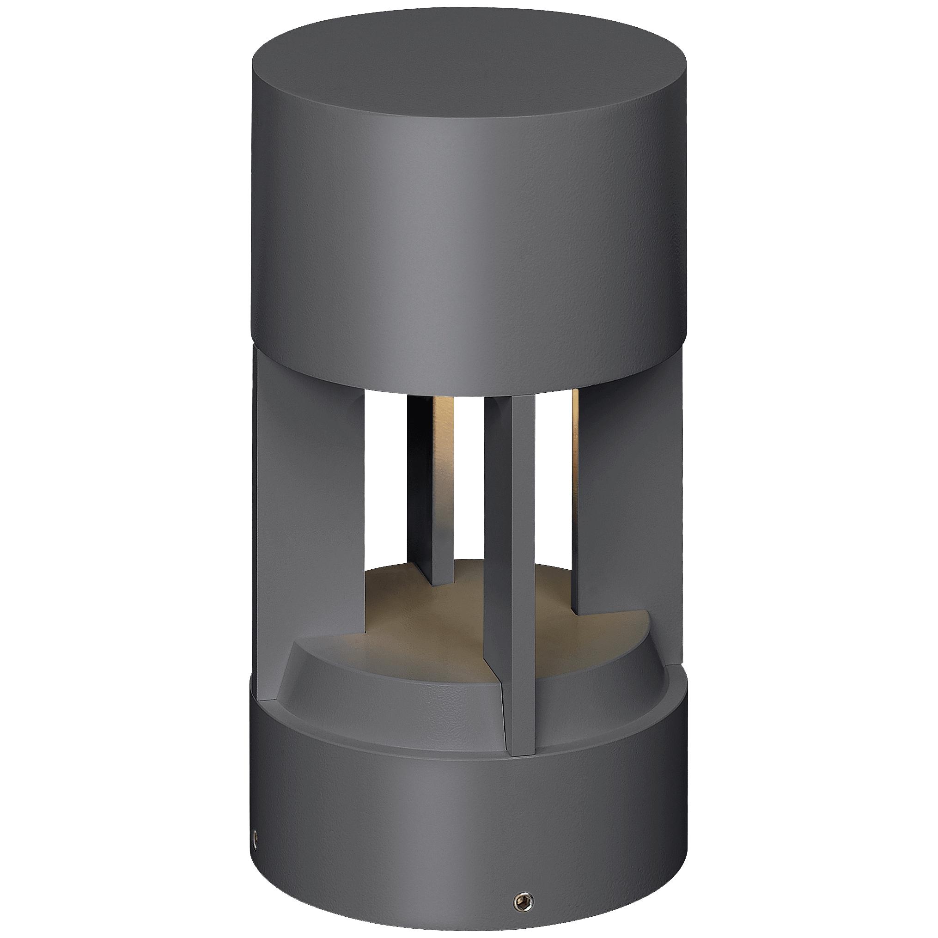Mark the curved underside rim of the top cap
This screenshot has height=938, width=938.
tap(469, 374)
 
